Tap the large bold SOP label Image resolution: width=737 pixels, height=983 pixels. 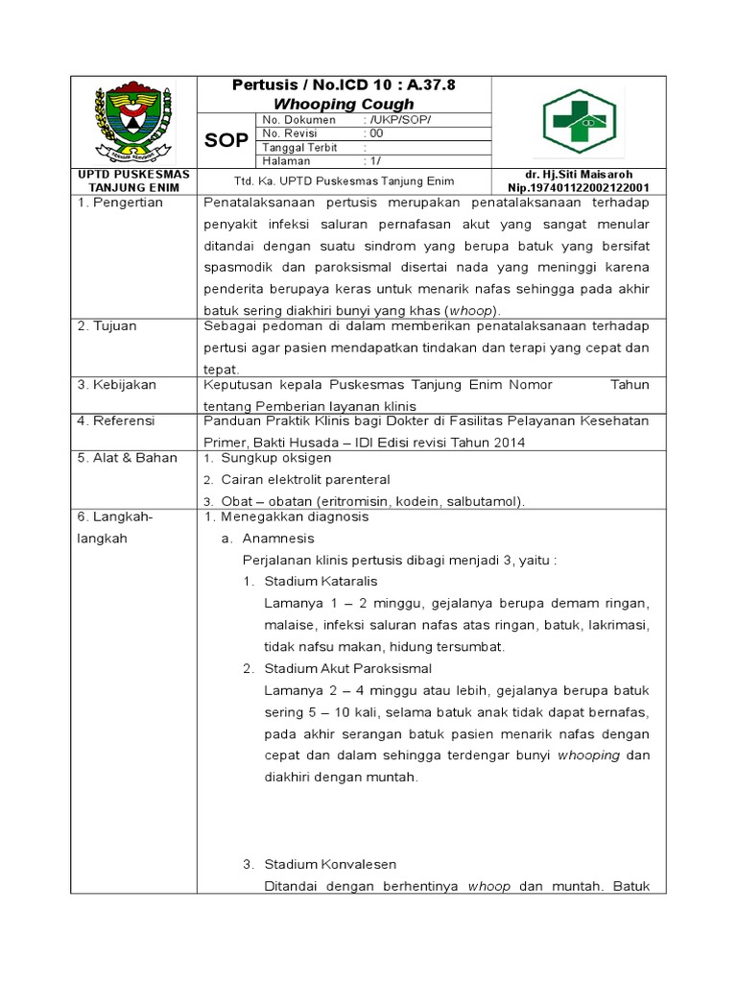(x=226, y=140)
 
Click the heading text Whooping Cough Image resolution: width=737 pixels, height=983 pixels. (x=344, y=104)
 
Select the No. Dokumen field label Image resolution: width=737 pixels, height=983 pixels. (x=299, y=120)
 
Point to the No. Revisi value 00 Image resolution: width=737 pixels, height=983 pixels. (x=376, y=134)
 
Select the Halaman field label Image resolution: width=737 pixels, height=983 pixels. (x=287, y=162)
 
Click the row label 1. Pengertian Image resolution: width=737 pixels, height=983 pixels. (x=121, y=203)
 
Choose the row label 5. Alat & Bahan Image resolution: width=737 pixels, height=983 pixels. (x=127, y=458)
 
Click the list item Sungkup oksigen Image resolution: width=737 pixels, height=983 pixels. (x=276, y=458)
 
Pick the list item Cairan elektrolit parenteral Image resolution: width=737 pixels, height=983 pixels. (x=305, y=479)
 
